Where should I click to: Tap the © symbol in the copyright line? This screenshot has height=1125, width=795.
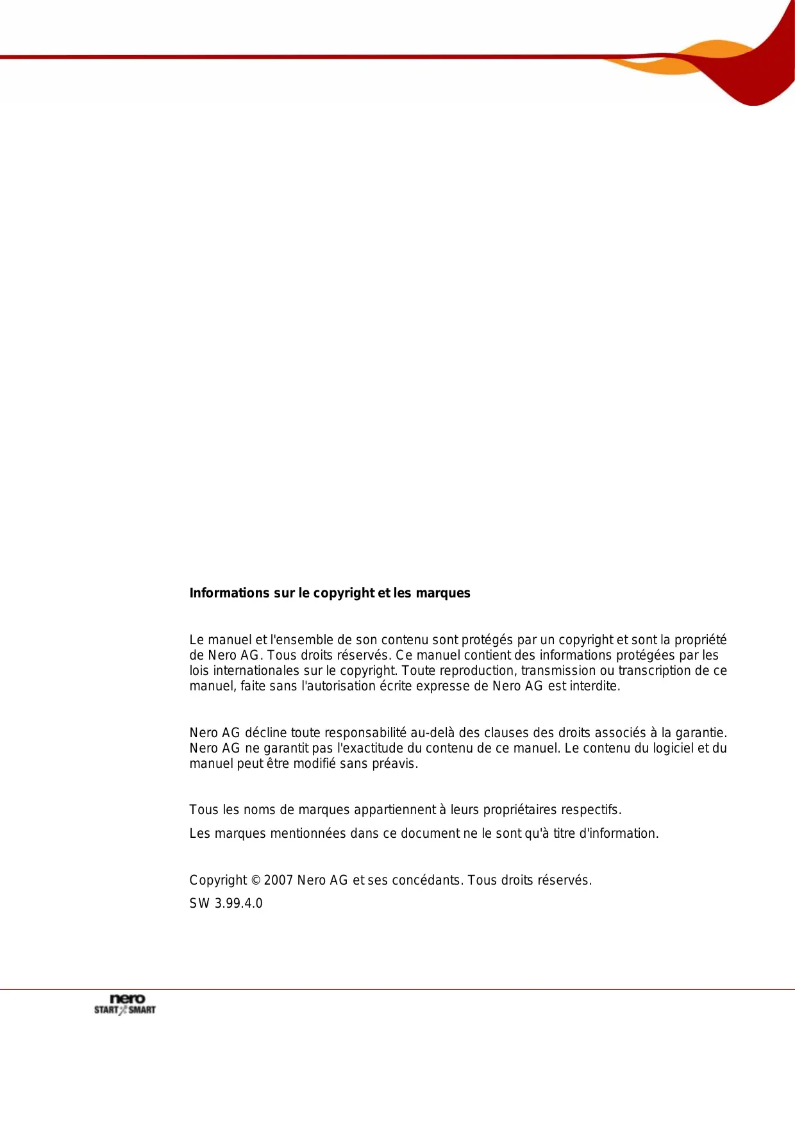click(x=255, y=880)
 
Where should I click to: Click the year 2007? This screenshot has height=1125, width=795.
click(x=278, y=880)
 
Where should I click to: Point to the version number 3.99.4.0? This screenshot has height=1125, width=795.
click(x=238, y=903)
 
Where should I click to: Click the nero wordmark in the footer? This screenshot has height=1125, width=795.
click(x=128, y=999)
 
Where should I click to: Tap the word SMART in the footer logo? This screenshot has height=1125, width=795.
click(x=142, y=1010)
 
